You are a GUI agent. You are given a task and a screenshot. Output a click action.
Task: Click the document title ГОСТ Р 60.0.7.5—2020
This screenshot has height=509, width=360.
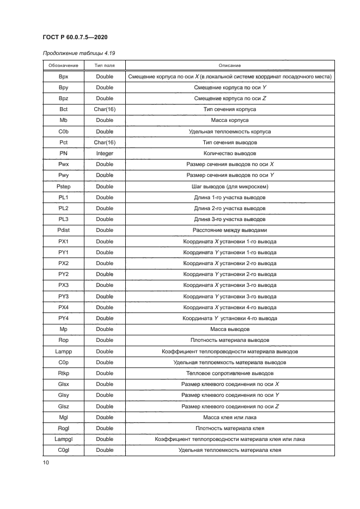tap(78, 36)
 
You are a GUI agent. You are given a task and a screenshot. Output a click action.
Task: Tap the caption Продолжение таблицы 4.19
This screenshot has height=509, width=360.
tap(78, 53)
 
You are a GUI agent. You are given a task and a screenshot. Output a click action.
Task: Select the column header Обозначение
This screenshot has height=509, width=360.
tap(63, 65)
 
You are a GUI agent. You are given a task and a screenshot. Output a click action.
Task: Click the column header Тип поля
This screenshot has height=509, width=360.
tap(105, 65)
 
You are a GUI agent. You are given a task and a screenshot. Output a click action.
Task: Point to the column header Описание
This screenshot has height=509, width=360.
tap(230, 65)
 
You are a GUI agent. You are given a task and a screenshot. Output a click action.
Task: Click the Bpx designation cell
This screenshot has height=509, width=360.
tap(63, 77)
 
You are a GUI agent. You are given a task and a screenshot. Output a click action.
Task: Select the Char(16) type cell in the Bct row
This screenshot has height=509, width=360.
tap(105, 109)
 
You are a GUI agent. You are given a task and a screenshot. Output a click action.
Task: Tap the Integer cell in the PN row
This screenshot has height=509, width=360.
tap(105, 154)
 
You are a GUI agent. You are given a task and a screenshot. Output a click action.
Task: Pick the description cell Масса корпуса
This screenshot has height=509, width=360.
tap(230, 120)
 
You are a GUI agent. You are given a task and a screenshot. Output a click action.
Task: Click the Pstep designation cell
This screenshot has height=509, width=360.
tap(63, 186)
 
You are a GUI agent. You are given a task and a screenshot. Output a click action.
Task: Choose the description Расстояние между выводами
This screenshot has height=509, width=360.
tap(230, 230)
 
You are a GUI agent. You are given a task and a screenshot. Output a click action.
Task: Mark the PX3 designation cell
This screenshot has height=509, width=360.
tap(63, 285)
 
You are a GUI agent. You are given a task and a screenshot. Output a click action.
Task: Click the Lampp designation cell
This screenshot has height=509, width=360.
tap(63, 351)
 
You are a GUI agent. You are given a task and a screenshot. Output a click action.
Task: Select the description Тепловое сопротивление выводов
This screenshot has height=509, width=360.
tap(230, 373)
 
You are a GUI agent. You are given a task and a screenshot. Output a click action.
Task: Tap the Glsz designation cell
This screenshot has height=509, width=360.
tap(63, 406)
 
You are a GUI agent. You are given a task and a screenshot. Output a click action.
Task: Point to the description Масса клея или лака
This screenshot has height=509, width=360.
tap(230, 417)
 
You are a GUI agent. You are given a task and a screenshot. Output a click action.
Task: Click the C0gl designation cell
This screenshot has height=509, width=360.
tap(63, 450)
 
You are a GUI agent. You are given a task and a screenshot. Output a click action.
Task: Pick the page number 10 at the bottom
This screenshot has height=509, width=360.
tap(46, 463)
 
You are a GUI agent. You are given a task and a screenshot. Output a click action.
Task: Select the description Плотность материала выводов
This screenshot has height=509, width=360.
tap(230, 340)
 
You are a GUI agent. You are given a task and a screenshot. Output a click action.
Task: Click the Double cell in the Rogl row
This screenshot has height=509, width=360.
tap(105, 428)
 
